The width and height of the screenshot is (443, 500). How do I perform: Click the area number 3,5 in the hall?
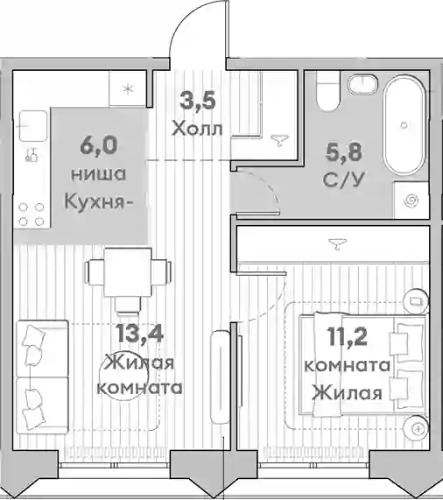coord(198,101)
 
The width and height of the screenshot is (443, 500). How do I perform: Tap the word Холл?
coord(197,129)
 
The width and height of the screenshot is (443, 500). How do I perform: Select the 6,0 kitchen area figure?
coord(99,145)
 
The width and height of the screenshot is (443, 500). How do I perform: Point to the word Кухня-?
coord(99,202)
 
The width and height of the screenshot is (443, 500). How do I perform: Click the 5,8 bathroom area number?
coord(343,151)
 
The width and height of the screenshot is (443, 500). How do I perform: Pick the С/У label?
coord(343,180)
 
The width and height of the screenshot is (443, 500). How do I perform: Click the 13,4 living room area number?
coord(139,333)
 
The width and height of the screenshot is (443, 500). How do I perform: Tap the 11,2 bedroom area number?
coord(347,336)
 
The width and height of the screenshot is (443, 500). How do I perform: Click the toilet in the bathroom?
coord(327,90)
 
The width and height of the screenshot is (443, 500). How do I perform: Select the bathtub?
coord(404,125)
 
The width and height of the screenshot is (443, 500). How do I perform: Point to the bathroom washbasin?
coord(362,85)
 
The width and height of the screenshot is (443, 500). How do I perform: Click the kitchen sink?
coord(33,125)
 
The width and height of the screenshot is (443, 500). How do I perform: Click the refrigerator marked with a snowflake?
coord(128,88)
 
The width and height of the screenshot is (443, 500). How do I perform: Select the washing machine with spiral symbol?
coord(411,201)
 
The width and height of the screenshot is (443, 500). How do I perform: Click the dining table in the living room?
coord(128,272)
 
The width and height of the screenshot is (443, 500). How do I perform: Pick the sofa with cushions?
coord(42,377)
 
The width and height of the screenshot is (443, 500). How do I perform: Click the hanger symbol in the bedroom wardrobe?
coord(338,243)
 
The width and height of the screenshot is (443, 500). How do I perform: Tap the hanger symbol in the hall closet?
coord(279,141)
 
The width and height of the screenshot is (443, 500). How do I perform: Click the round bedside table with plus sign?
coord(416,428)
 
